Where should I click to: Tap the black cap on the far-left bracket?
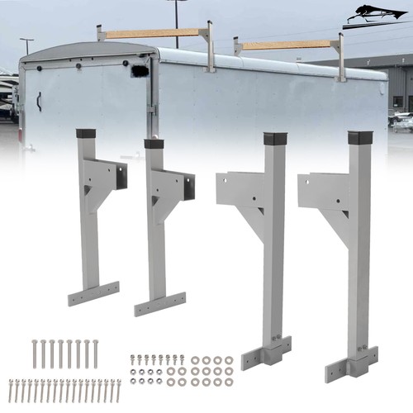coord(86,133)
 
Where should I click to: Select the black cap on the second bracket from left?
coord(154,144)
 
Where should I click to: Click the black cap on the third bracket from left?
coord(274,138)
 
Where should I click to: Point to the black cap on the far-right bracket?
coord(361,137)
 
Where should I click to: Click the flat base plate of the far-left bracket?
coord(93,293)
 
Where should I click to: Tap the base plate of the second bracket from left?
coord(160,304)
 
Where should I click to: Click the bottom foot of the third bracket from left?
coord(267,354)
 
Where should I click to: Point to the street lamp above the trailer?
coord(175,2)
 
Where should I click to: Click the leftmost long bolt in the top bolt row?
coord(35,354)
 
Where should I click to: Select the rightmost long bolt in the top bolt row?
coord(95,354)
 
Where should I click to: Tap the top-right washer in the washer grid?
coord(229,360)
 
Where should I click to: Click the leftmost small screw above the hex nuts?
coord(133,360)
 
